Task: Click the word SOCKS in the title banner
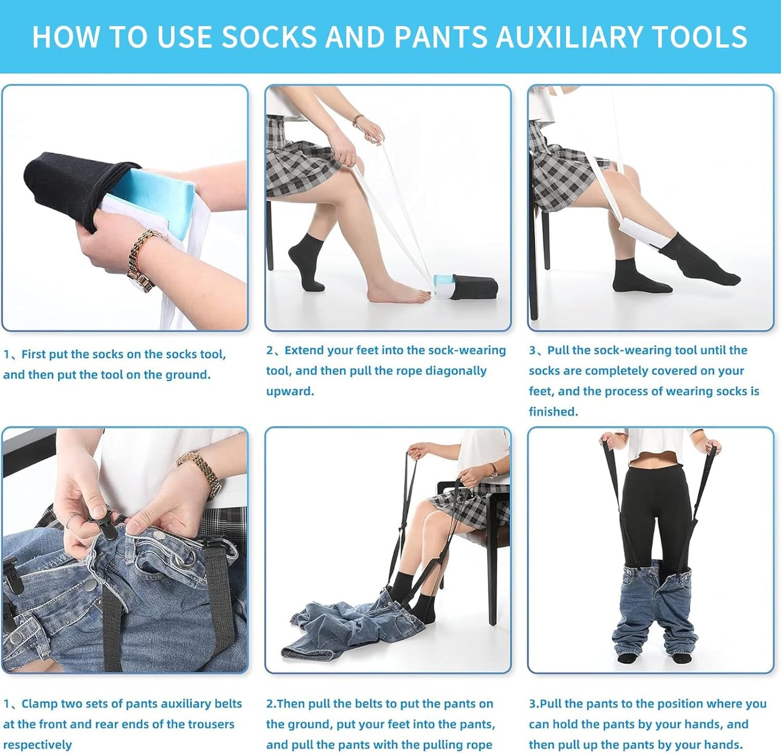click(x=269, y=37)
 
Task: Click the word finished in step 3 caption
click(x=553, y=412)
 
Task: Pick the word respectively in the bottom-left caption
click(x=37, y=745)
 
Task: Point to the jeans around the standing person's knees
click(x=651, y=600)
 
